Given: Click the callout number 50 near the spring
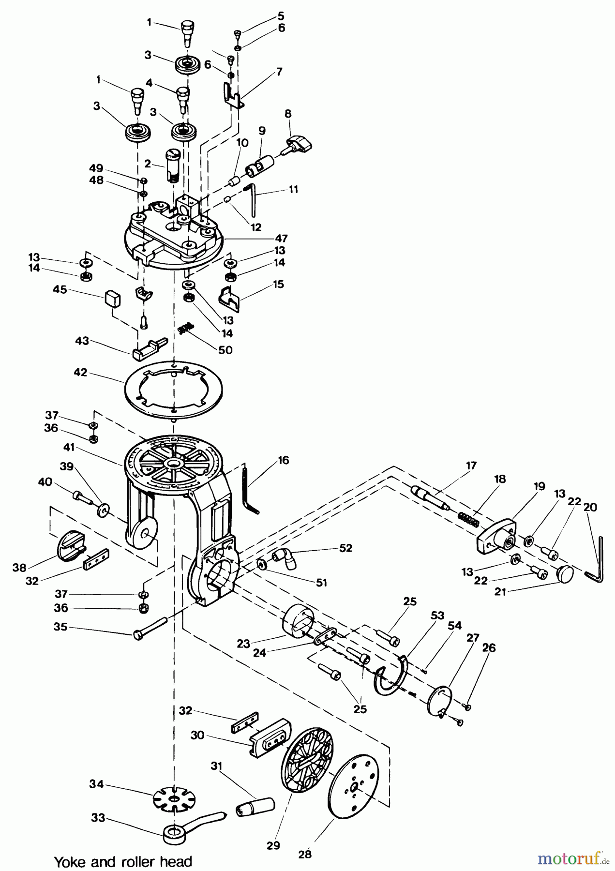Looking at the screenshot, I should pos(225,349).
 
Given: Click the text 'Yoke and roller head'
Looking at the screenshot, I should pos(123,861).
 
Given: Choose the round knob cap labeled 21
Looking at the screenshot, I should pos(564,575).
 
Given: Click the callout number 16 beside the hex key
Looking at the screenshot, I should pos(283,460).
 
